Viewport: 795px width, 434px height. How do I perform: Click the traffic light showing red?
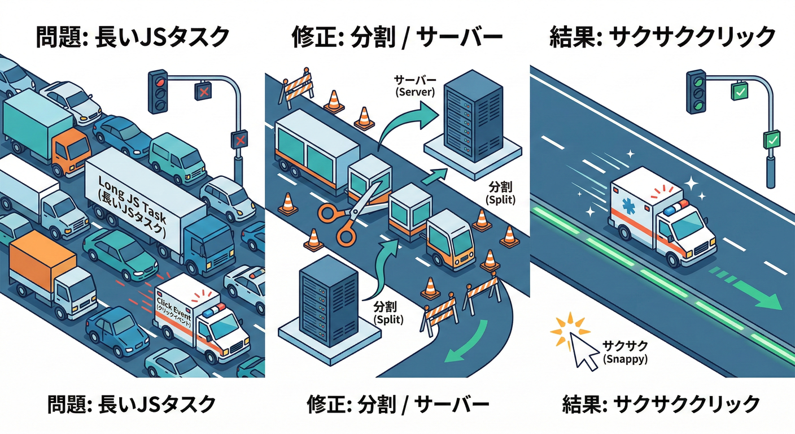point(159,90)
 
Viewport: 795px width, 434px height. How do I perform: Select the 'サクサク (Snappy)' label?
point(624,352)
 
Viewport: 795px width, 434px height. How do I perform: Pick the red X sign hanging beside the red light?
point(203,91)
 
